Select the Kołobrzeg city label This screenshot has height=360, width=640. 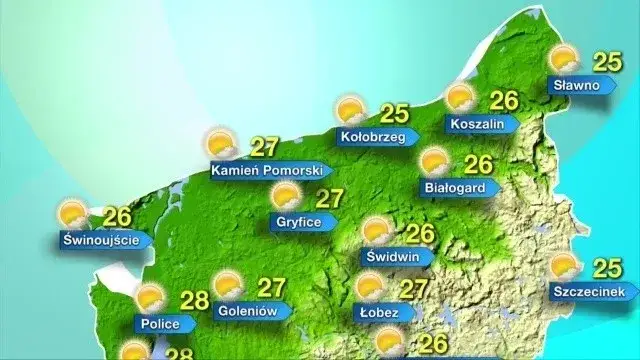coord(372,137)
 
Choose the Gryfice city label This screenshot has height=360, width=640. coord(299,221)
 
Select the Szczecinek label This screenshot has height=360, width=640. coord(594,292)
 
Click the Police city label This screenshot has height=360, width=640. coord(161,324)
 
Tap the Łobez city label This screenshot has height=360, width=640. coord(379,313)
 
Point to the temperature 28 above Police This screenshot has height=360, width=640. coord(195,298)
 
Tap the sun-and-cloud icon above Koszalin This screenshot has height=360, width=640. coord(459,97)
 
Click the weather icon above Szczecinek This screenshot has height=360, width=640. coord(563,266)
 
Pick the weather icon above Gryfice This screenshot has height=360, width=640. coord(286,195)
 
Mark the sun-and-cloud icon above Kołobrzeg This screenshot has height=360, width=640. coord(349,110)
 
